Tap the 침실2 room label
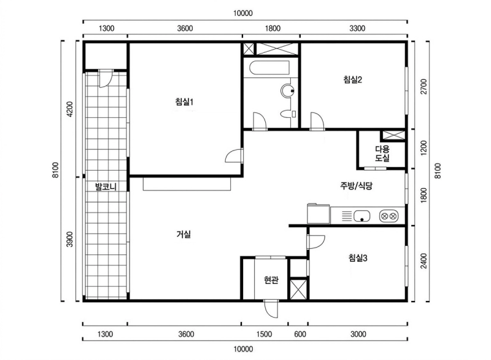click(x=353, y=79)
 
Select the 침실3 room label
click(x=357, y=259)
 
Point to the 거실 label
click(x=184, y=234)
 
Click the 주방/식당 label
click(x=357, y=186)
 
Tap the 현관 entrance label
click(x=271, y=280)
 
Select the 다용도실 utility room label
click(x=382, y=154)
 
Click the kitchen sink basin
click(x=362, y=216)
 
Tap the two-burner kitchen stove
click(x=389, y=216)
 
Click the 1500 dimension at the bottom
click(x=265, y=334)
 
